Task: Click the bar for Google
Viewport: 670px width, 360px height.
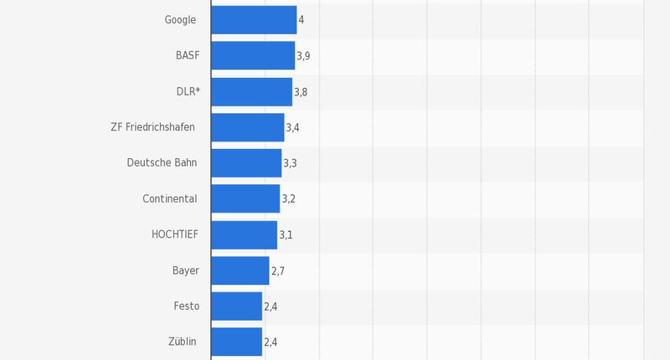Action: coord(254,19)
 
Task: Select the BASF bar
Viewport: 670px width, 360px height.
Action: coord(253,55)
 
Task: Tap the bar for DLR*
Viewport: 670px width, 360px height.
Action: coord(251,91)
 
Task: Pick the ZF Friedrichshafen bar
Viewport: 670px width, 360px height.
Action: coord(248,127)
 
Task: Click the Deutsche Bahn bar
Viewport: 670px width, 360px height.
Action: coord(246,163)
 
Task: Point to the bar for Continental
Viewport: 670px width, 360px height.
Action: coord(245,199)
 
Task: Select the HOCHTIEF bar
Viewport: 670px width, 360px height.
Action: coord(244,235)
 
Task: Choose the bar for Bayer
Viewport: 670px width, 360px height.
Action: coord(240,271)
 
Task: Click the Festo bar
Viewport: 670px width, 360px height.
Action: coord(236,306)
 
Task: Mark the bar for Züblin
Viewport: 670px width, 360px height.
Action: coord(236,342)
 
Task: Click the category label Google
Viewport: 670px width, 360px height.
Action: coord(180,19)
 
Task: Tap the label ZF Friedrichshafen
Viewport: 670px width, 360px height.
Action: coord(152,127)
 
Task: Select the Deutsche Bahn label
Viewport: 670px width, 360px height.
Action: coord(162,163)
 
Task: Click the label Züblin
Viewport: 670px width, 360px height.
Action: coord(183,342)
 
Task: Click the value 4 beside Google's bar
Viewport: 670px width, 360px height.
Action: coord(301,19)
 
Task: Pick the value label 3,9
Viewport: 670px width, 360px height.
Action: coord(303,55)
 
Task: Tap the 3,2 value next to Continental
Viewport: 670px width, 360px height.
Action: coord(288,199)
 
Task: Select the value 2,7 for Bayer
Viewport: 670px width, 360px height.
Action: coord(278,271)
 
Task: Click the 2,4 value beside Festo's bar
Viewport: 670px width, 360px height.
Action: coord(271,307)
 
